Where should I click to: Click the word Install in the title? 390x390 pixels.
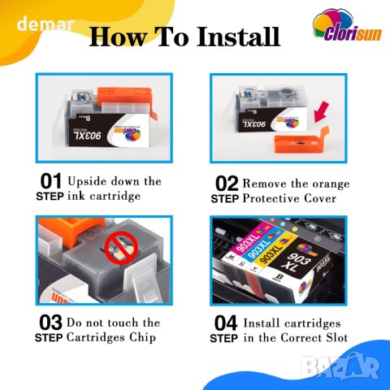pos(238,37)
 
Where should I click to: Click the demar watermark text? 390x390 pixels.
pos(45,24)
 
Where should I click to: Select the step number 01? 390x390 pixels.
pos(51,181)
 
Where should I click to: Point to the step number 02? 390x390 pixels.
pos(227,184)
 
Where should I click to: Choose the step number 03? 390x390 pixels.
pos(50,323)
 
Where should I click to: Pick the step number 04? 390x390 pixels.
pos(226,323)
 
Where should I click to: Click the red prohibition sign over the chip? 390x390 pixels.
pos(121,249)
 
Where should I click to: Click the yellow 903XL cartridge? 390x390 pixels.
pos(274,256)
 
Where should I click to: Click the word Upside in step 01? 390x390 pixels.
pos(87,182)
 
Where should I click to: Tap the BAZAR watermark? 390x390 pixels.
pos(340,366)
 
